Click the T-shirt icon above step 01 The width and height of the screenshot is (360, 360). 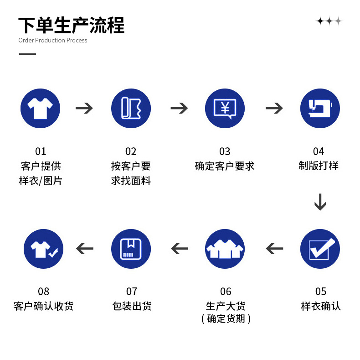[x=41, y=108]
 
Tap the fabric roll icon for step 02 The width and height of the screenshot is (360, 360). [x=131, y=108]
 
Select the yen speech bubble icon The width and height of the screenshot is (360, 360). [x=225, y=108]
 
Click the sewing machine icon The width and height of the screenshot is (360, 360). [x=320, y=108]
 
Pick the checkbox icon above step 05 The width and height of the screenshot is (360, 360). [x=320, y=249]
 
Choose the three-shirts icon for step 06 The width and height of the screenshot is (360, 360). [x=225, y=249]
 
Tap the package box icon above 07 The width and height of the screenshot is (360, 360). [x=131, y=249]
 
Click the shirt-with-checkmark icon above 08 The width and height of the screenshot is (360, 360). [x=43, y=249]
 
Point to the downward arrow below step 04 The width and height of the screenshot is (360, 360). [x=320, y=202]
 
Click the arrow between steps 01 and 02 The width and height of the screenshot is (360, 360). [x=84, y=108]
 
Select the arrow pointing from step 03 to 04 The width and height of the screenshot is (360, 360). [x=274, y=108]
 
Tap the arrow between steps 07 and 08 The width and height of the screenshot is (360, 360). [x=84, y=249]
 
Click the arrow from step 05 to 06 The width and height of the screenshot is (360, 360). [x=274, y=249]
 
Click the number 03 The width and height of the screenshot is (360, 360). [x=225, y=151]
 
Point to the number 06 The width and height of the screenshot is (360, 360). [x=226, y=292]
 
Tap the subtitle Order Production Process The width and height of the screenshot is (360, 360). [x=52, y=40]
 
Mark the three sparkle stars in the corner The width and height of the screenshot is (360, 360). [x=329, y=21]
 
